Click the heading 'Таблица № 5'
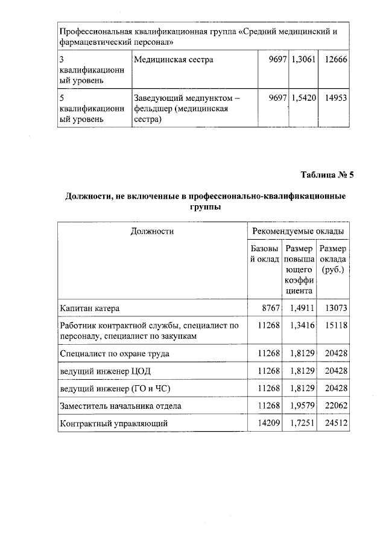click(x=327, y=175)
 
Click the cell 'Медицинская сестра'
click(x=173, y=60)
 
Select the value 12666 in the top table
click(x=334, y=60)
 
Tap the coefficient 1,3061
click(x=303, y=60)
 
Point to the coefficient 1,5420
click(x=303, y=98)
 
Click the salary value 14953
click(x=334, y=98)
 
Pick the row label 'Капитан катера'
click(x=90, y=309)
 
